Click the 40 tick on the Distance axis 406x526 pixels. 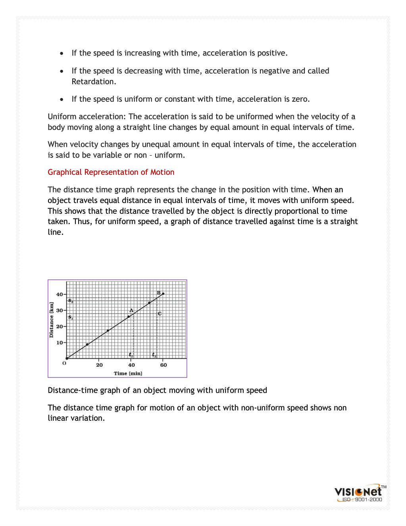pos(60,294)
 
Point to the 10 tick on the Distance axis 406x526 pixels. pos(60,342)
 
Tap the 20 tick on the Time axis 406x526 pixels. pos(99,365)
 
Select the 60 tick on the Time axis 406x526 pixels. pos(164,365)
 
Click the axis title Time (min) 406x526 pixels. pos(128,373)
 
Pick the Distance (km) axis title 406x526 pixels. pos(51,320)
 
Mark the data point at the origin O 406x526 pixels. pos(67,358)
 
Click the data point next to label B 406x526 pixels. pos(163,294)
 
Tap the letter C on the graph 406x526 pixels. pos(160,313)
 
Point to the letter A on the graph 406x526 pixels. pos(131,310)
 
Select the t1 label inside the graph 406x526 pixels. pos(131,355)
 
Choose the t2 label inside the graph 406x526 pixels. pos(154,355)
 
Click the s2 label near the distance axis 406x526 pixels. pos(71,301)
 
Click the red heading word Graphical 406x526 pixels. pos(65,172)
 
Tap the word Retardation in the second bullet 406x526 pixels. pos(94,81)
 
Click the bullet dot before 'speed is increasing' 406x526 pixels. pos(62,53)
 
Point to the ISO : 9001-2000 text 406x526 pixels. pos(362,500)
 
